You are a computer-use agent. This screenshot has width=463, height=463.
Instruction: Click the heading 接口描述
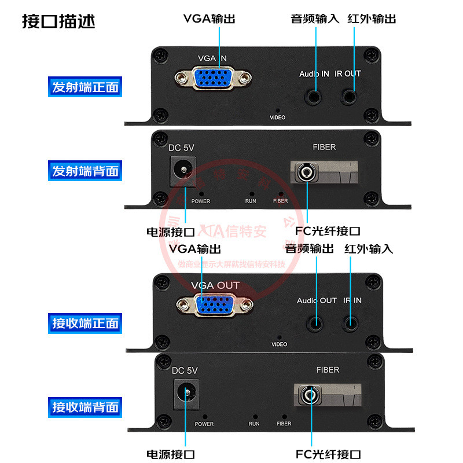58,21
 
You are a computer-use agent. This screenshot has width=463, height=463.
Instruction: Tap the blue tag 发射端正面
85,87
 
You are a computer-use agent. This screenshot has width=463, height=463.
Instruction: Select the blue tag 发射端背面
85,171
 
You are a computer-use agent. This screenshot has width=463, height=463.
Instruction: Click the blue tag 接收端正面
85,323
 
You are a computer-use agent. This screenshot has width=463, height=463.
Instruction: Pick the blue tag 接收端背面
85,406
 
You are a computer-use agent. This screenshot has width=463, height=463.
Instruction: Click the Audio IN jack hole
315,95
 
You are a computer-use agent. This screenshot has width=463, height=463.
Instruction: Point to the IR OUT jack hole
349,95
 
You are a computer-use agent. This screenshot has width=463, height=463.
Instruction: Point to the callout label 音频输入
314,19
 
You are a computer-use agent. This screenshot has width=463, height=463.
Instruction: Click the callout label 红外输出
372,19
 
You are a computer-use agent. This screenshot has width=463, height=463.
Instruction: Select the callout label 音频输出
309,249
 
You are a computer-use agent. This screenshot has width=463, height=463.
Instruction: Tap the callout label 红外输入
368,249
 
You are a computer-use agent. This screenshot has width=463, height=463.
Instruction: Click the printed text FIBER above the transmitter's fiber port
324,147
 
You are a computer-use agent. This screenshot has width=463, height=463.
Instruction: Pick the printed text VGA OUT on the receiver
215,285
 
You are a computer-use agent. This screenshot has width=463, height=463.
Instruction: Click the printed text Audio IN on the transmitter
314,74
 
